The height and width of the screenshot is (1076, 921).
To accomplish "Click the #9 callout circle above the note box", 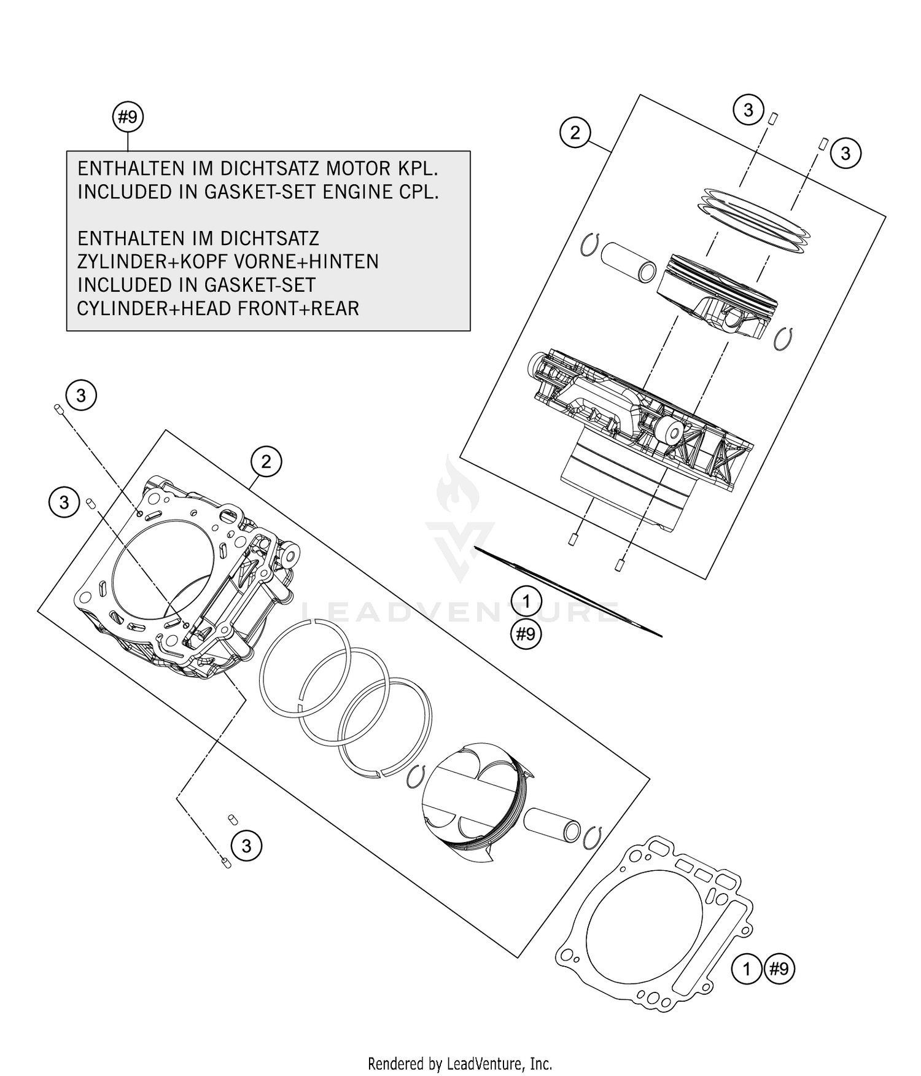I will (128, 117).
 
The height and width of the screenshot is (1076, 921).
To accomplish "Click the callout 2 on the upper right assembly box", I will (575, 133).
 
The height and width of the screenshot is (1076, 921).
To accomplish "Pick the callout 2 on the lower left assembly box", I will (266, 461).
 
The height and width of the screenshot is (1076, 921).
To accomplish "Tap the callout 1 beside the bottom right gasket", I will (747, 970).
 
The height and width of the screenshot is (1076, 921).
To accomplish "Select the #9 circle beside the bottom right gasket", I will (779, 970).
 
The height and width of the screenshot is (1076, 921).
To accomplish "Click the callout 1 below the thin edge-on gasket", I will (526, 600).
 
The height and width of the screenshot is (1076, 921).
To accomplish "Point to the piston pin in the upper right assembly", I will (629, 262).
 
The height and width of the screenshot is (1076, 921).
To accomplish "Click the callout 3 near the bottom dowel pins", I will (246, 846).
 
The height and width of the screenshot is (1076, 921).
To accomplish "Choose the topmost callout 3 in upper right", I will (748, 111).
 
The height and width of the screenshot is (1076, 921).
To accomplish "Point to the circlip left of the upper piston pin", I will (589, 245).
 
